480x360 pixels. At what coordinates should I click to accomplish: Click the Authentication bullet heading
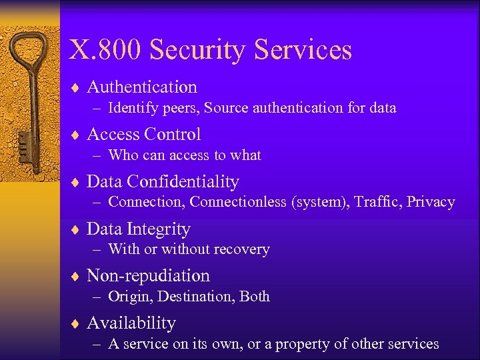[x=142, y=87]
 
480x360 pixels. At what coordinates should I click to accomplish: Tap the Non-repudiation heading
[x=148, y=276]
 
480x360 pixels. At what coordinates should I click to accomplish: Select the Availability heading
[x=131, y=323]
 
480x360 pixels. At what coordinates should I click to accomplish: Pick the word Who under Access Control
[x=122, y=155]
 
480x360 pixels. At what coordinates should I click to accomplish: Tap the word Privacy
[x=431, y=202]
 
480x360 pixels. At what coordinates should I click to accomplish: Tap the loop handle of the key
[x=29, y=53]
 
